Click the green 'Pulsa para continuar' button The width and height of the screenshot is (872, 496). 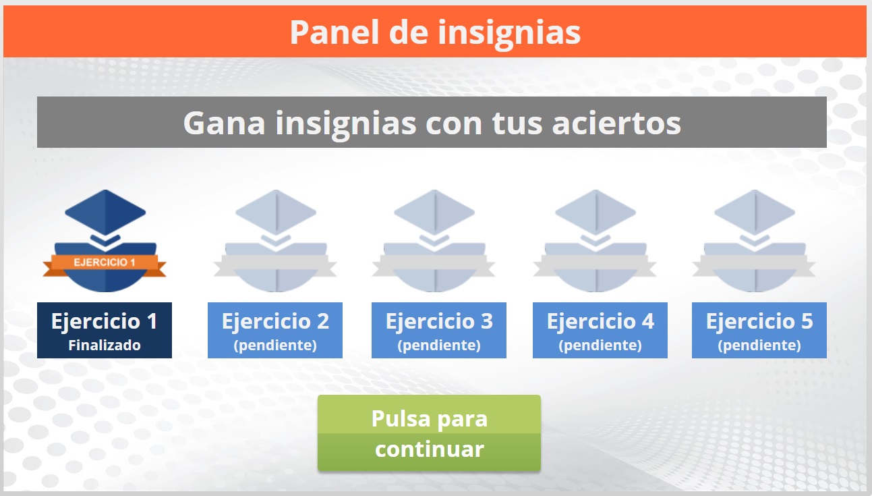429,433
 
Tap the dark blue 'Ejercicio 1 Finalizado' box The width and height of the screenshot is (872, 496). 105,330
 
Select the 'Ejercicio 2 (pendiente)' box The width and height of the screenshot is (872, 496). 275,330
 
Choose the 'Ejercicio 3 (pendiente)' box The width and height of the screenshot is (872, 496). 439,330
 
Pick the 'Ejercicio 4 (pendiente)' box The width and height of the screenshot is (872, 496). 600,330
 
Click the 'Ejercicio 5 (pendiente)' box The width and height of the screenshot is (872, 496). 759,330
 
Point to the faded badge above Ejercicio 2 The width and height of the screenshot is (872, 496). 276,241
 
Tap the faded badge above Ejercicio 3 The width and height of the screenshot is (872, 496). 434,241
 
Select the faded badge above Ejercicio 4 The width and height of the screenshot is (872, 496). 595,241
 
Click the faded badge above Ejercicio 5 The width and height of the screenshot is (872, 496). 754,241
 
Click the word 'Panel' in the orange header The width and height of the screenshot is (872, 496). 335,32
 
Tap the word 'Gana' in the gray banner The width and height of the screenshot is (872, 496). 224,123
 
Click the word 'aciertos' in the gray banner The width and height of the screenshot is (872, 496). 616,123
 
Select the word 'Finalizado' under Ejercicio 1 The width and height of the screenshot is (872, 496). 105,346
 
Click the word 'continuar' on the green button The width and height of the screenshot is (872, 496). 430,449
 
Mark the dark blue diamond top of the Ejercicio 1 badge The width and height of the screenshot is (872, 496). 105,213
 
